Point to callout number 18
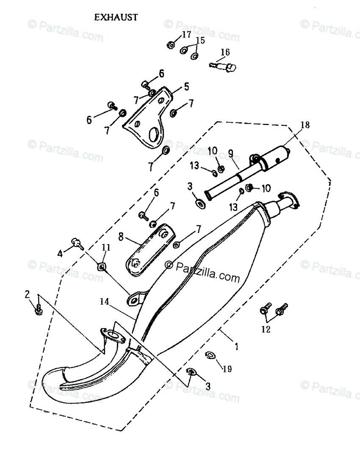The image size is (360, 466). [305, 125]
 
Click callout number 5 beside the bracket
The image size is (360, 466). [186, 87]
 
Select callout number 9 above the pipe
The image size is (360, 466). [231, 153]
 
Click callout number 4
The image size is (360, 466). [60, 254]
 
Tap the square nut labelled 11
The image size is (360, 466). [102, 266]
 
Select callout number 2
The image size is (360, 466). [27, 294]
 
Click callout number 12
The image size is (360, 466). [266, 329]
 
